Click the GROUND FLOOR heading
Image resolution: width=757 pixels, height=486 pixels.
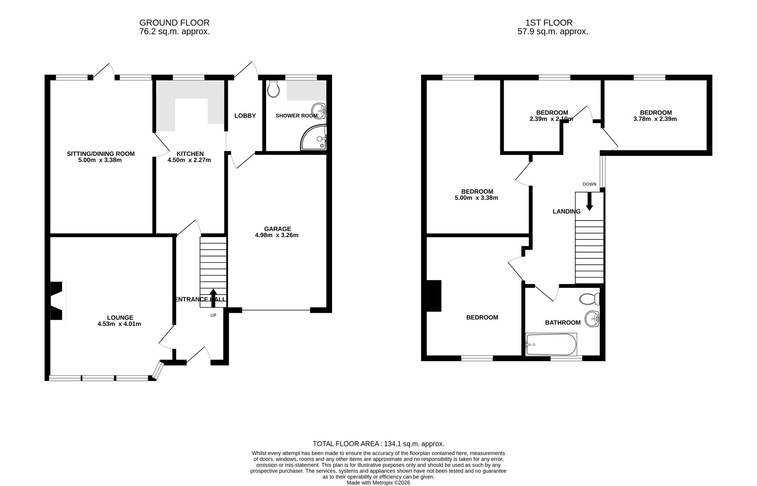[x=174, y=23]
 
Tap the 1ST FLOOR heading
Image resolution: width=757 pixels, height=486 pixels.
[x=552, y=23]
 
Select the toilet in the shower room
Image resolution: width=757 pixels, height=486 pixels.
[x=273, y=89]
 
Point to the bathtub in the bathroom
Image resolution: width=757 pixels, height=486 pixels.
[x=551, y=345]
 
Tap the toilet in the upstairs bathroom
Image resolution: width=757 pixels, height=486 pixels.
[x=589, y=299]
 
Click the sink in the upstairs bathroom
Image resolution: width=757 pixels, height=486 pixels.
[x=592, y=319]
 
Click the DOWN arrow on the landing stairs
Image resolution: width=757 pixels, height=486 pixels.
[x=589, y=202]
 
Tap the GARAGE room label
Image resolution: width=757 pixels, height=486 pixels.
[x=277, y=229]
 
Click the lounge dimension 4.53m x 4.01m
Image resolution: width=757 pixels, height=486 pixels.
[x=119, y=324]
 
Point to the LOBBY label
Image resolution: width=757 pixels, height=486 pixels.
[x=245, y=116]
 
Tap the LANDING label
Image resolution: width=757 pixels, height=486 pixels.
[x=566, y=211]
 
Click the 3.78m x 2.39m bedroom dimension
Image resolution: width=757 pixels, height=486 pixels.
[x=655, y=119]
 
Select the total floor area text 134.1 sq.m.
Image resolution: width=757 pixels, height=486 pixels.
[x=378, y=443]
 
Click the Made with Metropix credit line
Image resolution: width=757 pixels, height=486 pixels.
[x=378, y=482]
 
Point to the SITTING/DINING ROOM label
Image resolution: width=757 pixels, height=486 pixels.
[x=101, y=154]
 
